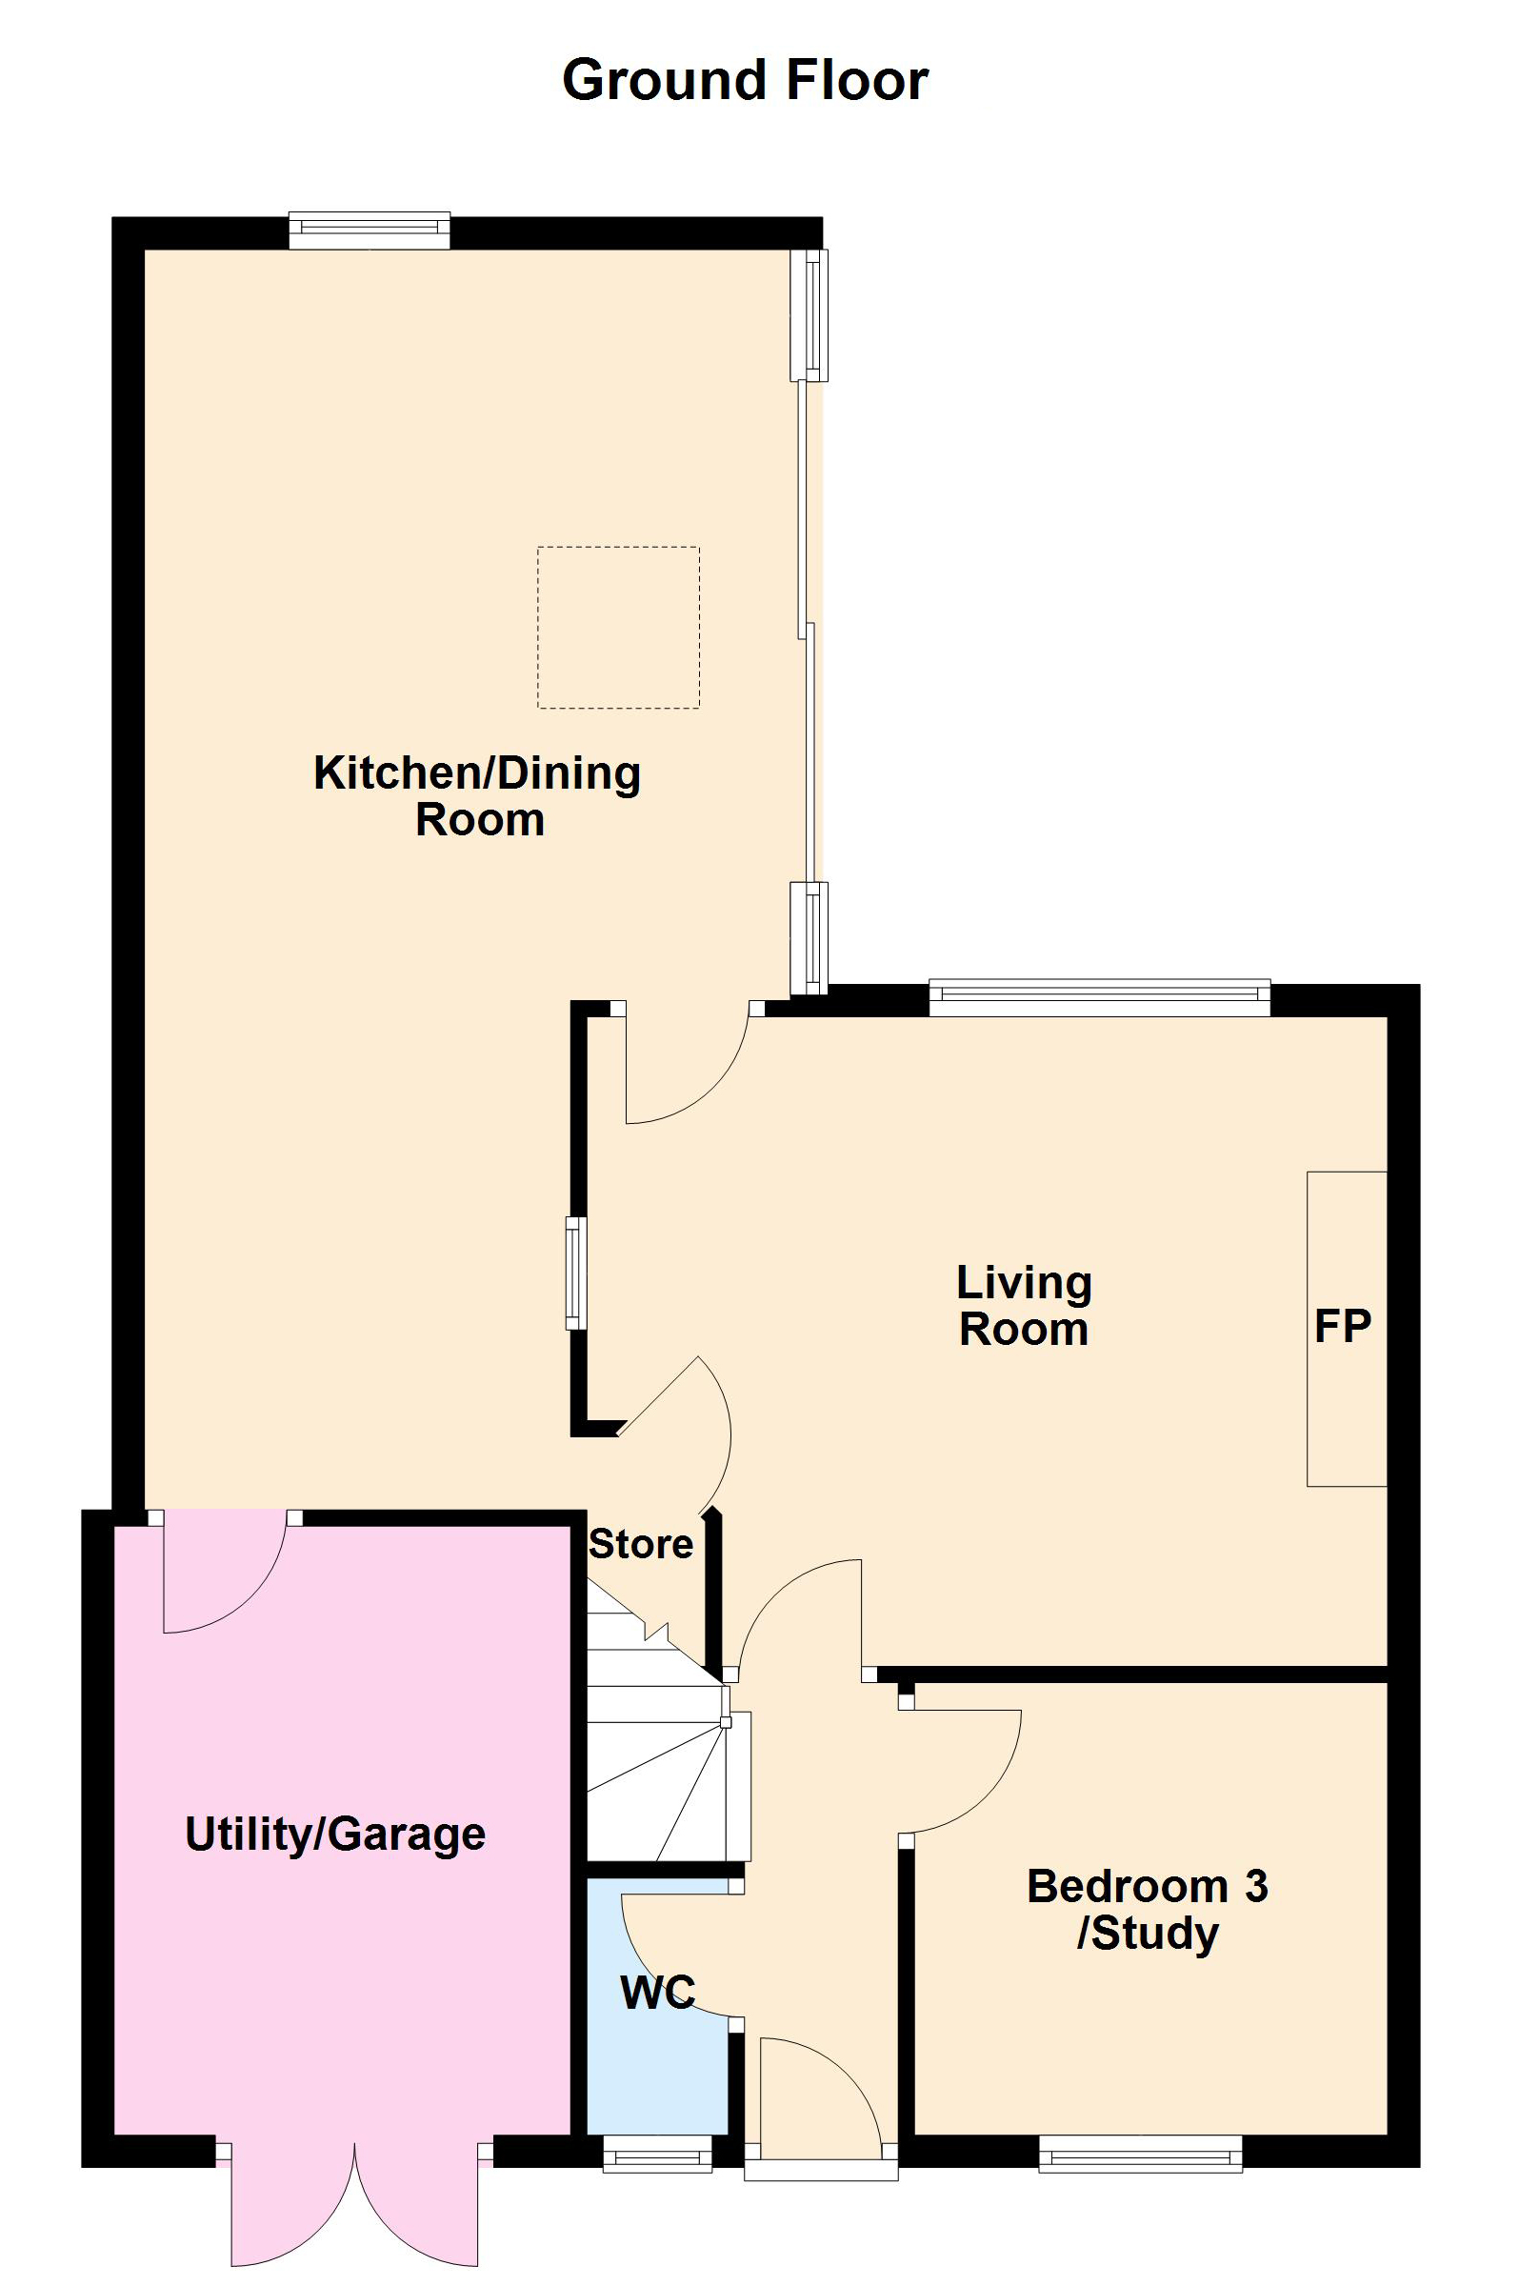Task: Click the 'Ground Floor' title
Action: pyautogui.click(x=745, y=80)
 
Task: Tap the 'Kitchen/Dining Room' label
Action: pyautogui.click(x=477, y=796)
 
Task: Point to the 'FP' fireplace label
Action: pyautogui.click(x=1343, y=1326)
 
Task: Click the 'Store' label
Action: pyautogui.click(x=640, y=1544)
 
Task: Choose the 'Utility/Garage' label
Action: pyautogui.click(x=335, y=1835)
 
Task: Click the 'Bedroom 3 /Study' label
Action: pyautogui.click(x=1148, y=1910)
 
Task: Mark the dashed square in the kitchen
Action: pyautogui.click(x=618, y=628)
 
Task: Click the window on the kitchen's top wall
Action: pyautogui.click(x=370, y=230)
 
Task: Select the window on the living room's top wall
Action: pyautogui.click(x=1100, y=998)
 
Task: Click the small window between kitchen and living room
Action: pyautogui.click(x=576, y=1273)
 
